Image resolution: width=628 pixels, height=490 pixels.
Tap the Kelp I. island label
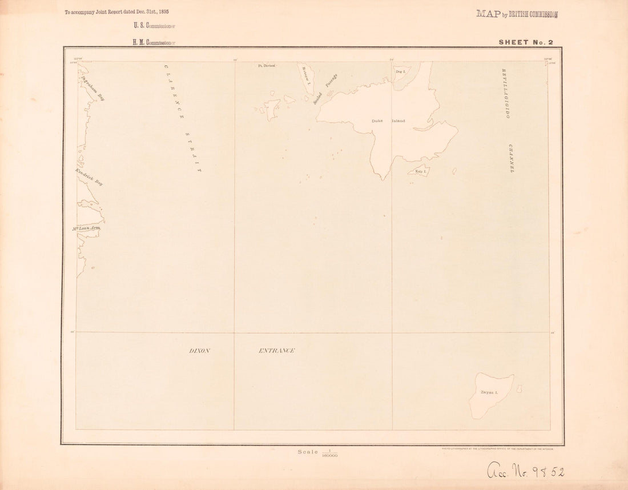pyautogui.click(x=421, y=171)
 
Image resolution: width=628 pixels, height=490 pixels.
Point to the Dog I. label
pyautogui.click(x=400, y=71)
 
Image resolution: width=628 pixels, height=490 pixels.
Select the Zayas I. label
pyautogui.click(x=489, y=392)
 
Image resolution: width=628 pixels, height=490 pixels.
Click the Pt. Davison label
pyautogui.click(x=267, y=66)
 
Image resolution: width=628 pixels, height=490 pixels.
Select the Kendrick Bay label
pyautogui.click(x=88, y=177)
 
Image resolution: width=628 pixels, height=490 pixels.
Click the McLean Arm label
pyautogui.click(x=86, y=228)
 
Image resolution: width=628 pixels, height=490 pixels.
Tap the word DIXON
pyautogui.click(x=199, y=351)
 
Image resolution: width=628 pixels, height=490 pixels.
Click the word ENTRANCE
pyautogui.click(x=276, y=351)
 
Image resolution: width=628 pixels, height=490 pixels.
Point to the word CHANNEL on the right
pyautogui.click(x=512, y=158)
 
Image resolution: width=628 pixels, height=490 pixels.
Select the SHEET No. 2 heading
pyautogui.click(x=526, y=42)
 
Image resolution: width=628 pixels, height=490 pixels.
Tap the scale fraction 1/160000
pyautogui.click(x=329, y=453)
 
